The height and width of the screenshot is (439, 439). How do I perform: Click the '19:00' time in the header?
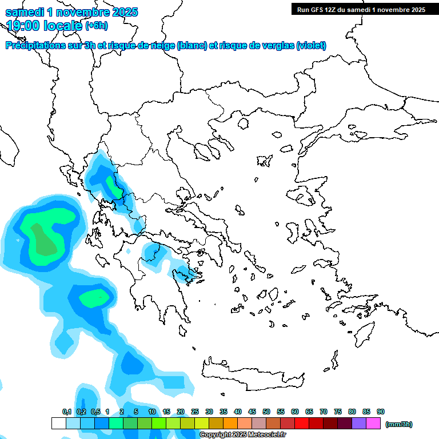coord(26,25)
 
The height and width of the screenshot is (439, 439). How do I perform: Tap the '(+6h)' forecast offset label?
coord(97,26)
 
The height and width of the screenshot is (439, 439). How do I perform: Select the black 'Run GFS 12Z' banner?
coord(361,9)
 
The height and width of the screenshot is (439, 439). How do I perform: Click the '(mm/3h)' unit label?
coord(399,424)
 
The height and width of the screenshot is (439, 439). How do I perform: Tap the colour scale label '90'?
coord(381,412)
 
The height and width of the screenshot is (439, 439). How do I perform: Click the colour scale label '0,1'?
coord(66,412)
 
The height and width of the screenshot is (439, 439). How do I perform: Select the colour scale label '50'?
coord(266,412)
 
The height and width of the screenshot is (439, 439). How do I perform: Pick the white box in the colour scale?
coord(58,424)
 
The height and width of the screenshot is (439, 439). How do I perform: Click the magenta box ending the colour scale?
coord(373,424)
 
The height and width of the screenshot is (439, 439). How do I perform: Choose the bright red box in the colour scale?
coord(302,424)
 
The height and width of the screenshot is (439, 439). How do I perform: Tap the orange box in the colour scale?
coord(230,424)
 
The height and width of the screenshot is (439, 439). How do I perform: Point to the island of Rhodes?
coord(364,333)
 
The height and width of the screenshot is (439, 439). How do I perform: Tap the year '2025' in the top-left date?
coord(121,12)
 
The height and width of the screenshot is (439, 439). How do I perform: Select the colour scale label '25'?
coord(195,412)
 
